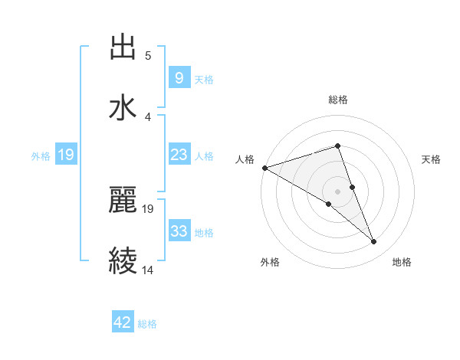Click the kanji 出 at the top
123,47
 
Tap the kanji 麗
123,201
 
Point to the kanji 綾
123,260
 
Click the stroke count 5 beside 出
148,56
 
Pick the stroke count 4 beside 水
148,116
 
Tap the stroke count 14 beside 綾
148,270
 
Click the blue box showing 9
179,78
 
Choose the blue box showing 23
179,155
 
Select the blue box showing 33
179,231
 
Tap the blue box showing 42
123,322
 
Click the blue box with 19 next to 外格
66,155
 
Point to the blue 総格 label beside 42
147,323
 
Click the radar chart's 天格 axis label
431,159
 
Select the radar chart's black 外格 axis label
270,262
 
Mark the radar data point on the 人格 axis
264,168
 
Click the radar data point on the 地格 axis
374,242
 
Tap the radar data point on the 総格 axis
338,146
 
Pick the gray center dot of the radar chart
338,190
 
